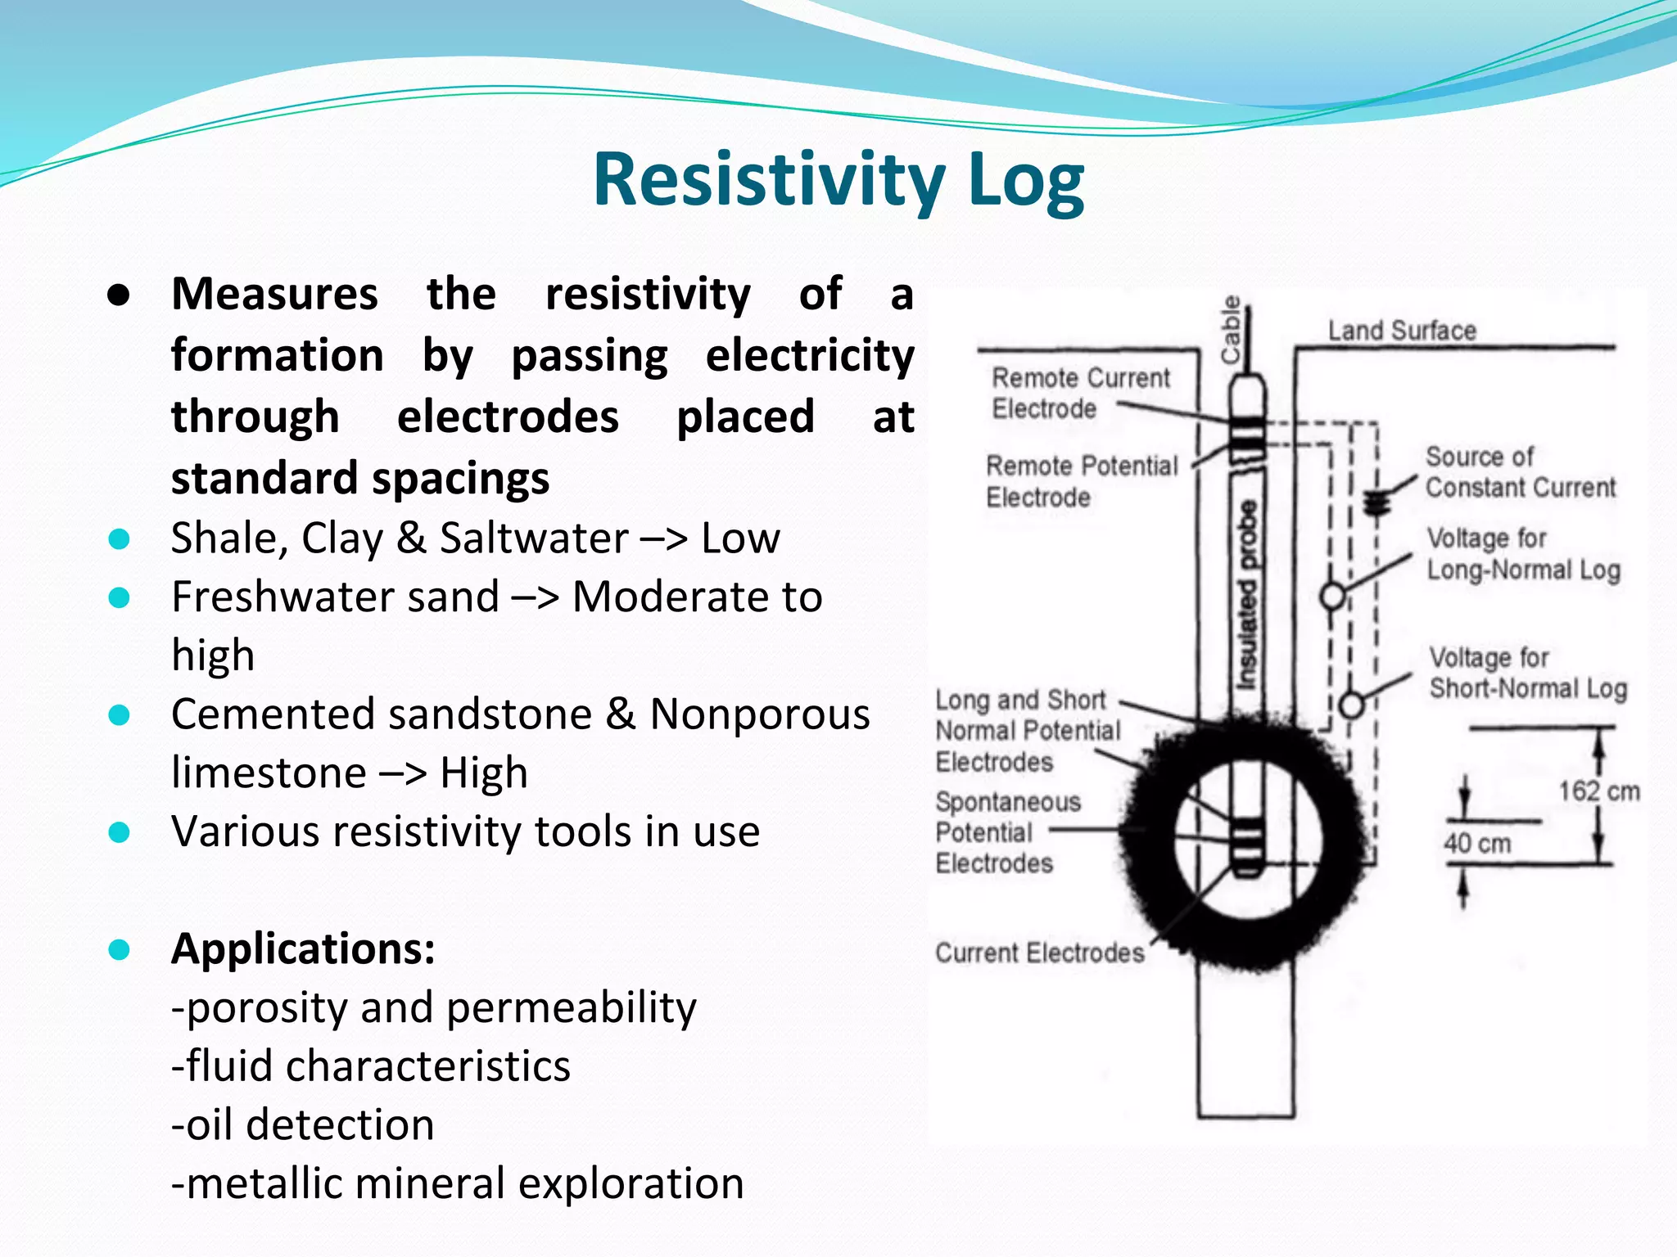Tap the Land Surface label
click(1402, 331)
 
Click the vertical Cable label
click(1231, 330)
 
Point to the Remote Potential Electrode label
click(1081, 481)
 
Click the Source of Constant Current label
click(1520, 472)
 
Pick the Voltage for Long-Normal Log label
click(1523, 554)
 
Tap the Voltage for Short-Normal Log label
click(1528, 674)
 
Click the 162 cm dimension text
click(1598, 791)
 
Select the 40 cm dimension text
click(1476, 843)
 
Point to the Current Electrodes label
click(1039, 953)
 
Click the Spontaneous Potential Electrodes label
click(1007, 832)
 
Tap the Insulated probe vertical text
click(1246, 596)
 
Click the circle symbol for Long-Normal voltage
click(1332, 596)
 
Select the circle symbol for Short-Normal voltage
click(1351, 705)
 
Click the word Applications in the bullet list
click(302, 949)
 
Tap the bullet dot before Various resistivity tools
click(120, 832)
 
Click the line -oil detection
click(302, 1124)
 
